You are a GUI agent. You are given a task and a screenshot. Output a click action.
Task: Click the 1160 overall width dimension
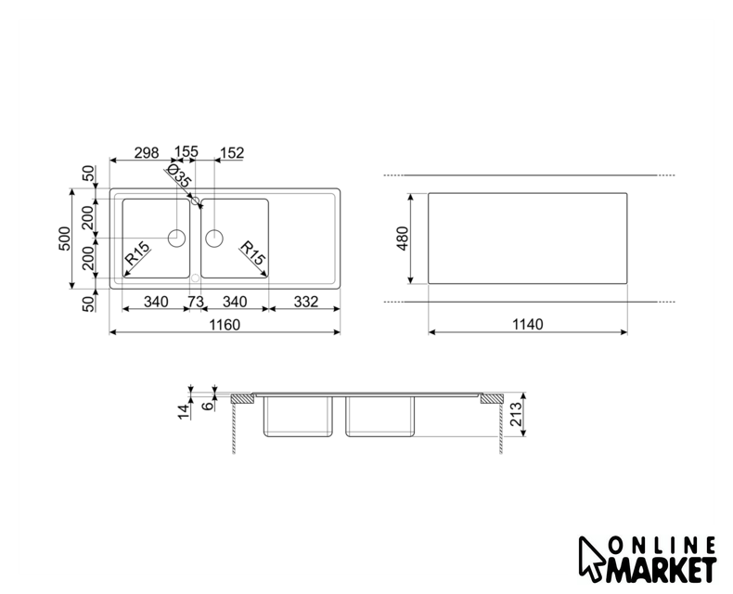point(225,324)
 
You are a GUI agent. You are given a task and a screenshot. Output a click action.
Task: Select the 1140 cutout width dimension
point(528,324)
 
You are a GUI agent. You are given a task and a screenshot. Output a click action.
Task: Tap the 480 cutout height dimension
point(403,239)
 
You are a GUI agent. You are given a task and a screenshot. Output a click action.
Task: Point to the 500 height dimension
point(65,239)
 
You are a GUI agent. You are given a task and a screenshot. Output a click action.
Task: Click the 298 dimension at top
point(147,152)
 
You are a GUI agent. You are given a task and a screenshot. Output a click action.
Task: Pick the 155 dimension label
point(186,151)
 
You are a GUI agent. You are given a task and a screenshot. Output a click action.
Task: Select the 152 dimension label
point(232,152)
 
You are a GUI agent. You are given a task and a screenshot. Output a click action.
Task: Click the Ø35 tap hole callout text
point(178,175)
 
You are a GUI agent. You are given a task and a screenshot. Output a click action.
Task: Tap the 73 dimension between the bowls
point(196,302)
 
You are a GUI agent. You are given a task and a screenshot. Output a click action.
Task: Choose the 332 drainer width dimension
point(306,302)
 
